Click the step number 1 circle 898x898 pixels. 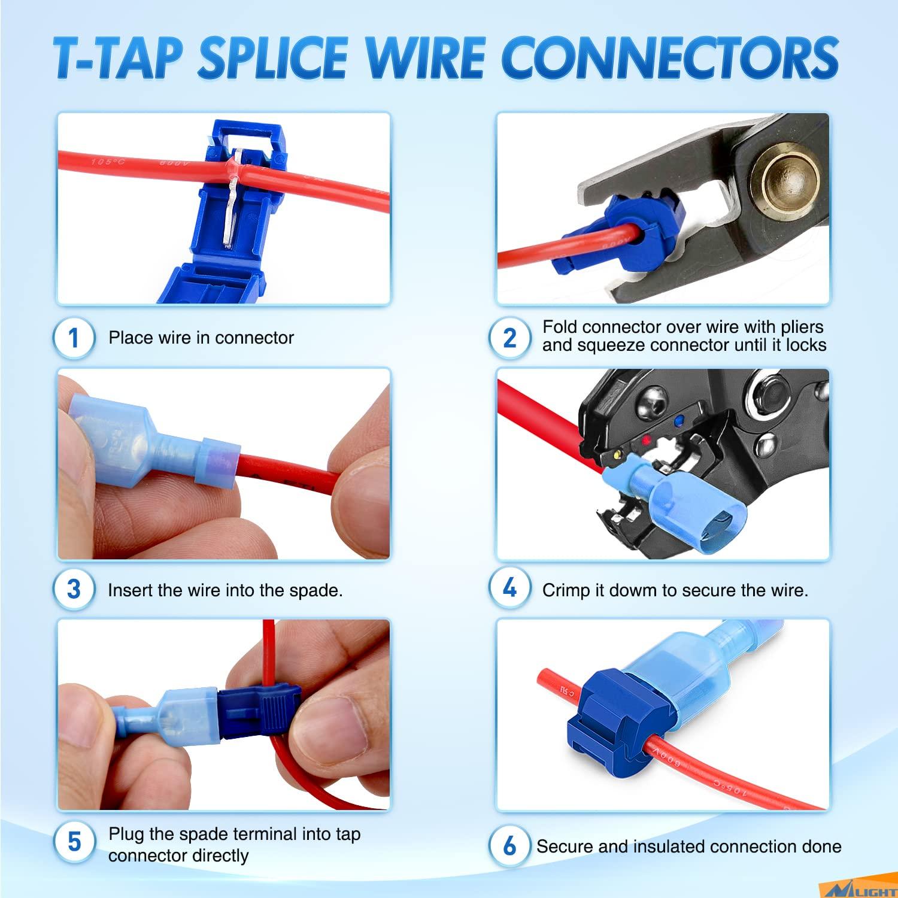(74, 338)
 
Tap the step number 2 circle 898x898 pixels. (509, 338)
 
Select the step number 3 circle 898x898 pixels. (74, 589)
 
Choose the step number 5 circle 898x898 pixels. (74, 842)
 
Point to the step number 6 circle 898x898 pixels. (509, 846)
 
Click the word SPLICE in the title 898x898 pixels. (272, 58)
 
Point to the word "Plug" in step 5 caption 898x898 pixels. (125, 835)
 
